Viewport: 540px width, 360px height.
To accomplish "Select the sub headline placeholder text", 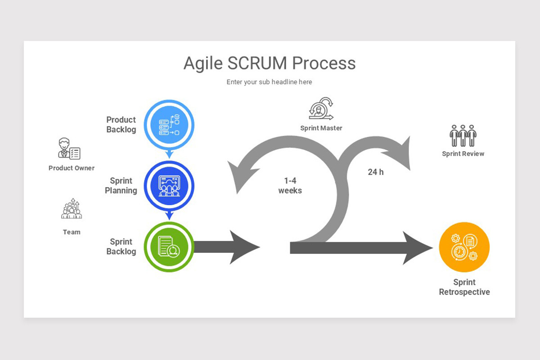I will click(x=269, y=82).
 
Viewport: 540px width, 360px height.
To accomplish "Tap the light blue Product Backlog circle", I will click(x=169, y=125).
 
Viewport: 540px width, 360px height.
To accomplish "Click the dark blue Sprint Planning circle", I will click(x=169, y=186).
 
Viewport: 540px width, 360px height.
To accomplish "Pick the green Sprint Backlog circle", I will click(x=169, y=247).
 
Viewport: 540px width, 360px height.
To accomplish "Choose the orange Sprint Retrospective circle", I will click(x=464, y=247).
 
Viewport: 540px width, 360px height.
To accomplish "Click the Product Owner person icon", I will click(x=69, y=148).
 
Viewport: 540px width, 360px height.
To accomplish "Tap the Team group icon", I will click(x=72, y=210).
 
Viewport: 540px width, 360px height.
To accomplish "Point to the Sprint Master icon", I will click(x=321, y=109).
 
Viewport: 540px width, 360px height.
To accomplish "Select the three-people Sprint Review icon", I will click(x=463, y=135).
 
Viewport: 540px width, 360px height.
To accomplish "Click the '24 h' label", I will click(x=376, y=172).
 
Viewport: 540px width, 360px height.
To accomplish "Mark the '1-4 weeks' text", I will click(x=290, y=186).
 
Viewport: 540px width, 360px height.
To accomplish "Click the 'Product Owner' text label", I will click(x=72, y=168).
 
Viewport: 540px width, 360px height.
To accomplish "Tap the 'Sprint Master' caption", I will click(x=321, y=128).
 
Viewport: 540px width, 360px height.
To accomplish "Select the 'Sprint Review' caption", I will click(x=463, y=154).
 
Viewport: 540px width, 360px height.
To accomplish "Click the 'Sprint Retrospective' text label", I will click(x=464, y=287).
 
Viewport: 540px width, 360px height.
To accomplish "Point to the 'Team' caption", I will click(x=72, y=232).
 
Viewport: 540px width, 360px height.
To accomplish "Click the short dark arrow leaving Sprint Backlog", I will click(x=225, y=247).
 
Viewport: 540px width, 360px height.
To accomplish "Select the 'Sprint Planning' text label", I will click(x=121, y=186).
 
